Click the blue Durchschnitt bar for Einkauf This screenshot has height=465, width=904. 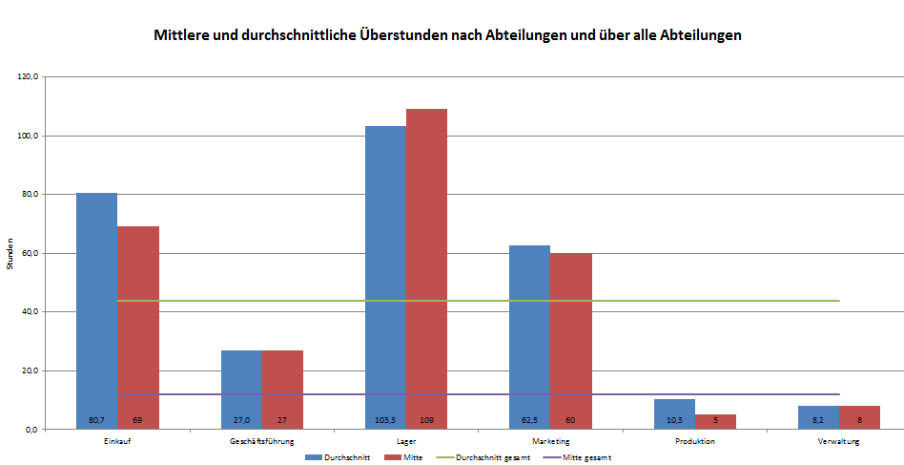pos(96,306)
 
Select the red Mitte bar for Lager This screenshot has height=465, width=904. pos(426,267)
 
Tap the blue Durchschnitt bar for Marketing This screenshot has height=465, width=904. pos(529,334)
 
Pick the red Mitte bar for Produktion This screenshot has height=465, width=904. pos(715,421)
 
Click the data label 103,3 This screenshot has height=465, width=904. pos(385,420)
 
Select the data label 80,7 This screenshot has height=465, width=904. pos(96,420)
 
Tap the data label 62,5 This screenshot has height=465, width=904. pos(529,420)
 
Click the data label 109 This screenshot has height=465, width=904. pos(426,420)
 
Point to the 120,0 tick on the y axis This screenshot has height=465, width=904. pos(27,77)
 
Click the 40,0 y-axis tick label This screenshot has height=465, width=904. pos(28,312)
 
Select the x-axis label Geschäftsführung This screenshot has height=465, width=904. pos(261,441)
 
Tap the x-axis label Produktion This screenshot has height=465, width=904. pos(694,441)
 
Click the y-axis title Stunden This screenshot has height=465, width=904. pos(10,253)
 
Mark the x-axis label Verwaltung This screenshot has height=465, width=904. pos(839,441)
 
